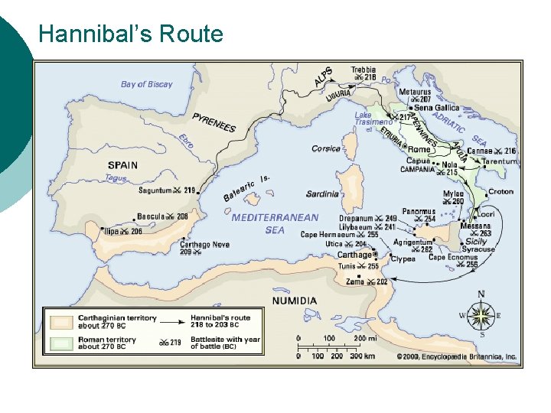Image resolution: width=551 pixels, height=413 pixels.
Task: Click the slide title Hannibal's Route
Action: coord(130,34)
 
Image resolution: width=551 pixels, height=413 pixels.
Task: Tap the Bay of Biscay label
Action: coord(147,84)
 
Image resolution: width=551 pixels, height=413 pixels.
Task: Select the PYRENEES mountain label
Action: coord(214,122)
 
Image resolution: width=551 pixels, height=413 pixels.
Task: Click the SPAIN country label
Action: coord(122,164)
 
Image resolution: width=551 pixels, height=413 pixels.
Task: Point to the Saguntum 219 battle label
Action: coord(167,190)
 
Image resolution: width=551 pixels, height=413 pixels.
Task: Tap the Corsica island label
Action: coord(326,149)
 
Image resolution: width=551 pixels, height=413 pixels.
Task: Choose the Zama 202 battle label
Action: coord(366,281)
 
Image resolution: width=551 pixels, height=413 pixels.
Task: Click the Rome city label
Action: coord(419,149)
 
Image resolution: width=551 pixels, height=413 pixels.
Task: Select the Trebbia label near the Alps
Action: coord(364,70)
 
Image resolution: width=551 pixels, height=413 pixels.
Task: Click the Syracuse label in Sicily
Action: coord(478,249)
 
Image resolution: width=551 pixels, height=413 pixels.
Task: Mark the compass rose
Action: coord(481,314)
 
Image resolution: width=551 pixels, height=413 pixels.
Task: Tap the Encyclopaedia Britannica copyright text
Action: coord(456,356)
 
